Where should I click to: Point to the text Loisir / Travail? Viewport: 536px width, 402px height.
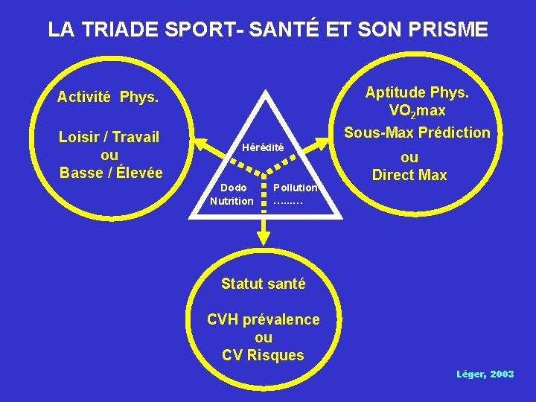(x=109, y=137)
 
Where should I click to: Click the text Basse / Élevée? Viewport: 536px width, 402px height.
(x=111, y=173)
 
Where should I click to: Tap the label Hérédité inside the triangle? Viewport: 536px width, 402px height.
(x=263, y=147)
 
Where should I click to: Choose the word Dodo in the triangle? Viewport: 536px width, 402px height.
(x=233, y=188)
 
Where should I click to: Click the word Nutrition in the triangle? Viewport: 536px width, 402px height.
(x=232, y=201)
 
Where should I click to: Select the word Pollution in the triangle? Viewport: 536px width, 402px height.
(x=296, y=188)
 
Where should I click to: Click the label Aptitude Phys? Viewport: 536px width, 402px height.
(x=416, y=92)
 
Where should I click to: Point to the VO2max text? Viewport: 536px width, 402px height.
(x=417, y=111)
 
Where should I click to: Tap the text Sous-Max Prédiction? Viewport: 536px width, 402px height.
(x=417, y=133)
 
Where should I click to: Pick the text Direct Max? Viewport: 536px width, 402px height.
(x=409, y=176)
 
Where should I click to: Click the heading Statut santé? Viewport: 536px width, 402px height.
(x=264, y=284)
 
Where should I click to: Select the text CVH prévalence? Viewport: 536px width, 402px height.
(x=264, y=319)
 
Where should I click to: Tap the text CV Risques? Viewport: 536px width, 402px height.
(x=264, y=355)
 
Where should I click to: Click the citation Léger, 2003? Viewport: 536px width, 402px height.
(x=485, y=374)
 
